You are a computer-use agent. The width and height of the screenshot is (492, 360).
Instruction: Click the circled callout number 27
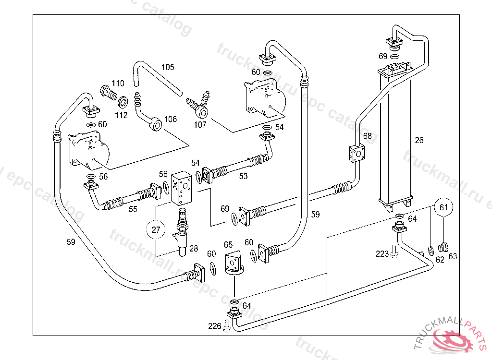pyautogui.click(x=156, y=230)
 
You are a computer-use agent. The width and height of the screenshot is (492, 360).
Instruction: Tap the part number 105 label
pyautogui.click(x=168, y=68)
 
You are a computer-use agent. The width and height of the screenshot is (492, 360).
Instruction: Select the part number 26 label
pyautogui.click(x=419, y=141)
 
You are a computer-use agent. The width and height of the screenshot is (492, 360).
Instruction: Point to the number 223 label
pyautogui.click(x=382, y=254)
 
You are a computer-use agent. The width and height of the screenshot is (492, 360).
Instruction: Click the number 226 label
pyautogui.click(x=214, y=326)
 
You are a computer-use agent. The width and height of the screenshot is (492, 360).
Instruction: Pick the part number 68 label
pyautogui.click(x=368, y=136)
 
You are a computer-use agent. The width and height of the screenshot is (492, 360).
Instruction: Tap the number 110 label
pyautogui.click(x=118, y=84)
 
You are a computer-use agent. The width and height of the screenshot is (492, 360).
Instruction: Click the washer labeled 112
pyautogui.click(x=123, y=102)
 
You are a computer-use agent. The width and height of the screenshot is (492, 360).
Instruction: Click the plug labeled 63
pyautogui.click(x=443, y=248)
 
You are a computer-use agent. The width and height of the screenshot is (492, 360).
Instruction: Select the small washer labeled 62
pyautogui.click(x=430, y=250)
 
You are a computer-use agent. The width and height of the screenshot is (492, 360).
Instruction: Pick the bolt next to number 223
pyautogui.click(x=394, y=252)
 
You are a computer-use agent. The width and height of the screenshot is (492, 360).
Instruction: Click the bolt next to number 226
pyautogui.click(x=227, y=327)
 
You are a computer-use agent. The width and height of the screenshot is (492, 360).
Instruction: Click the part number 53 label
pyautogui.click(x=244, y=177)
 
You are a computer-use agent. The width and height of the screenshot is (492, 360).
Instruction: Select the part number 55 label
pyautogui.click(x=133, y=209)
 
